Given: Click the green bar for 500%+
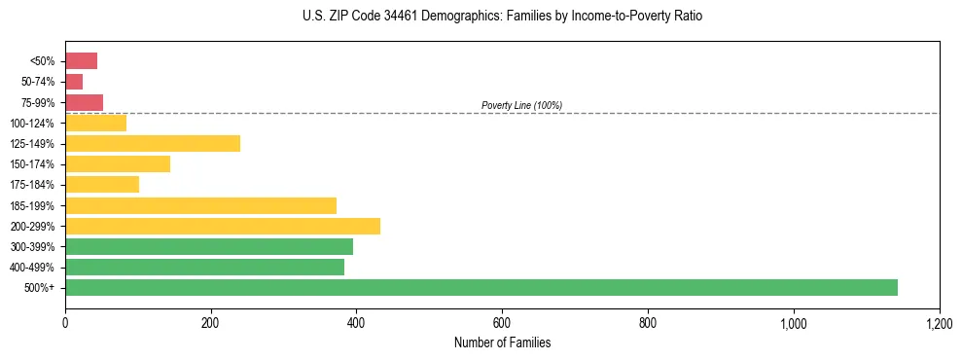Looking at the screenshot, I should (481, 287).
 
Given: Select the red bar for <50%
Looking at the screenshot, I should (81, 61).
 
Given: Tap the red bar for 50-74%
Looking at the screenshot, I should (74, 82).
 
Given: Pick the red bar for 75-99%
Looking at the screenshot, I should (84, 102).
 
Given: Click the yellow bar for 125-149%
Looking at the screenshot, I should (153, 144).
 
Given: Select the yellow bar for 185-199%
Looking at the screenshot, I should (200, 205).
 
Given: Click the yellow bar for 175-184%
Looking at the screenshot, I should (102, 185).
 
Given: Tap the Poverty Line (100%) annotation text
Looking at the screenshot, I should (521, 105).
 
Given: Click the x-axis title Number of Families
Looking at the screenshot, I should (502, 343).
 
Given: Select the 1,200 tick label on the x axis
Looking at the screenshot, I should (939, 323).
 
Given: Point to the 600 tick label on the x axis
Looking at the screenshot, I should (502, 323).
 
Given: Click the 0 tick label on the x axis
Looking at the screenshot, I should (65, 323).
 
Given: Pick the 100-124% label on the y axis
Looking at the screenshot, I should (32, 124).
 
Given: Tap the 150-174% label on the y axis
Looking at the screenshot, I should (32, 164).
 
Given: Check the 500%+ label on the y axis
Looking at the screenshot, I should (39, 288).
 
